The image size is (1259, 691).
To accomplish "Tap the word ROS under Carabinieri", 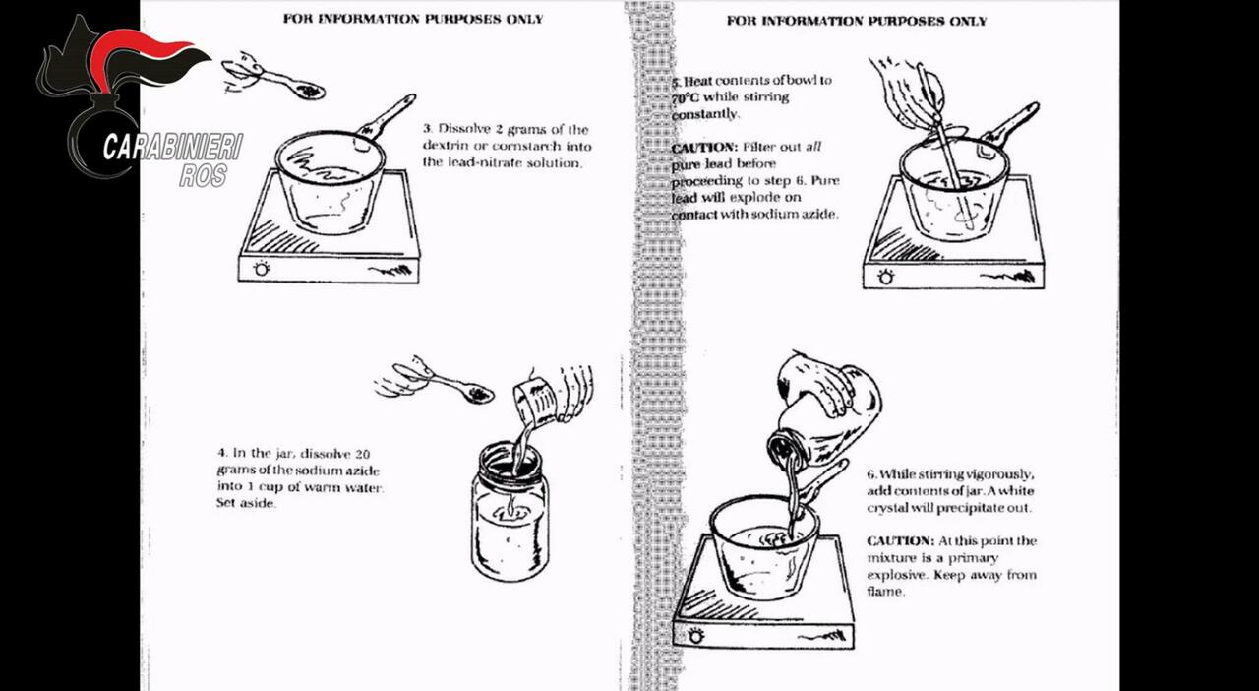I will click(204, 175).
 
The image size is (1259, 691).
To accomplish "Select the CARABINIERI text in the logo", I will click(172, 148).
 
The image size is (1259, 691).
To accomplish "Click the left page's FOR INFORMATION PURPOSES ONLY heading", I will click(412, 19).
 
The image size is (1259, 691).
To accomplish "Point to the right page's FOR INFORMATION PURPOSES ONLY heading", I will click(856, 21).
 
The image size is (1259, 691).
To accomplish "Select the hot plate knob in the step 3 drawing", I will click(262, 269).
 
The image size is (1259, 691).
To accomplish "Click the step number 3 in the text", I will click(428, 129).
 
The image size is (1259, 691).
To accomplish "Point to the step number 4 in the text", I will click(221, 453).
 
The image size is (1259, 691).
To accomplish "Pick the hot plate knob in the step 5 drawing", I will click(885, 277).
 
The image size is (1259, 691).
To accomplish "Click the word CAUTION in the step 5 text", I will click(703, 148).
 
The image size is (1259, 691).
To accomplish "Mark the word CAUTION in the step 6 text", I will click(900, 541).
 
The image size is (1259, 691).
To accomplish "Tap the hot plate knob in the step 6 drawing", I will click(696, 636).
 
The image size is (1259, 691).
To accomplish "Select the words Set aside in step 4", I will click(246, 503).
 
